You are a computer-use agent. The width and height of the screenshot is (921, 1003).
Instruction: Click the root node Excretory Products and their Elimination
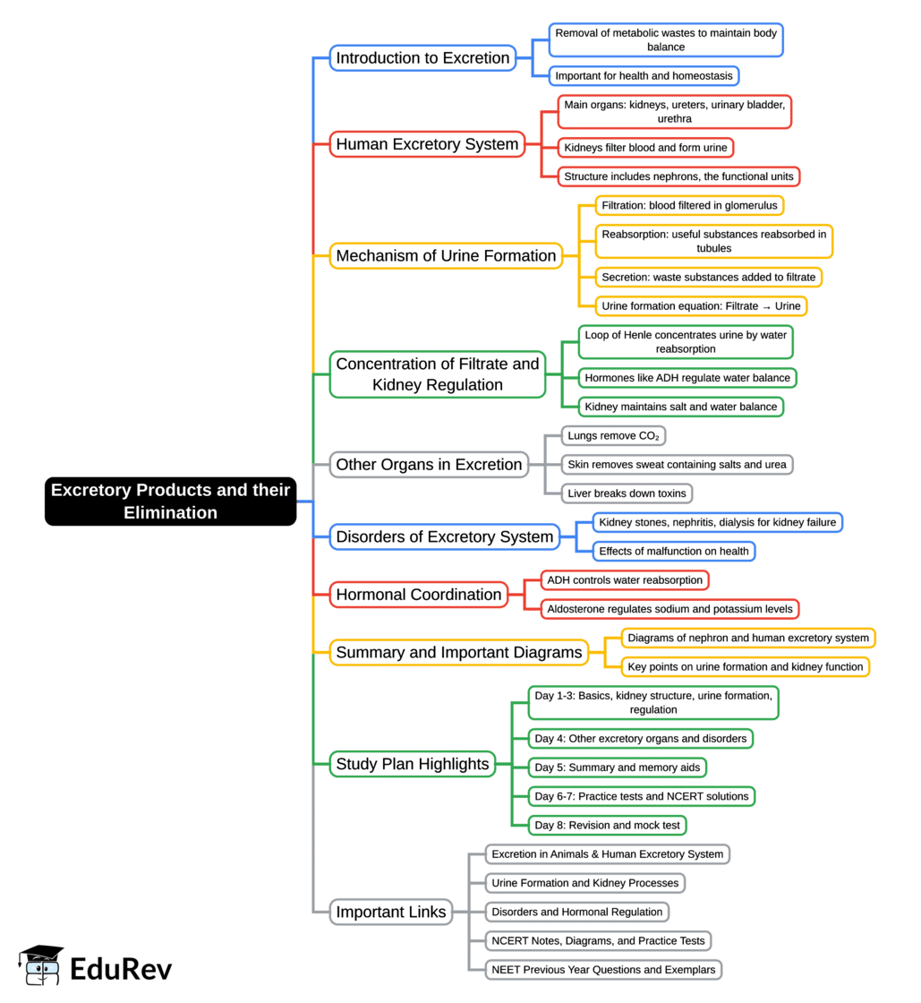click(x=170, y=501)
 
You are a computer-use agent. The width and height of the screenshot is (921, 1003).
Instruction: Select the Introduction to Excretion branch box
click(x=422, y=58)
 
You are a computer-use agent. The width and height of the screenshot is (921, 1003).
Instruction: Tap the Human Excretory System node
click(x=427, y=144)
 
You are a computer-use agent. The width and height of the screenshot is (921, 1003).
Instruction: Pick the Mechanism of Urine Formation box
click(x=446, y=256)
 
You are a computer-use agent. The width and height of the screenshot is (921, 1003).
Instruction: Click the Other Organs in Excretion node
click(x=429, y=465)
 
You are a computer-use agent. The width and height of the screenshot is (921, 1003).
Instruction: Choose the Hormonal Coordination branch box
click(x=418, y=595)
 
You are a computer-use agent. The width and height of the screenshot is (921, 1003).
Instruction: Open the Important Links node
click(x=390, y=912)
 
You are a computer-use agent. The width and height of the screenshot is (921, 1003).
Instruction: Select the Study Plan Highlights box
click(x=412, y=764)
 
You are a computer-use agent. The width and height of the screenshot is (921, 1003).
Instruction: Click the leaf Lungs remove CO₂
click(x=614, y=436)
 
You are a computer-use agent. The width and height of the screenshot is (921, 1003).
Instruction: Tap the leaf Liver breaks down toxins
click(x=627, y=493)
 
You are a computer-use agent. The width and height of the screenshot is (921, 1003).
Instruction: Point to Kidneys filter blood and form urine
click(x=645, y=147)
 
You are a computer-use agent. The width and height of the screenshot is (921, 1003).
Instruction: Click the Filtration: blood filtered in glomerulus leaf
click(x=689, y=205)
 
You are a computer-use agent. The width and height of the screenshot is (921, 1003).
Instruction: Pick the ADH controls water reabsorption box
click(x=625, y=580)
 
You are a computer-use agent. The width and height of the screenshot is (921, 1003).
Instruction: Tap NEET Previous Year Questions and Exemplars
click(x=603, y=969)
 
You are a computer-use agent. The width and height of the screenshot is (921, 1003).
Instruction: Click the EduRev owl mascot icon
click(x=41, y=967)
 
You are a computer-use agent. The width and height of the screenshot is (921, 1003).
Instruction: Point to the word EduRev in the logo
click(x=121, y=969)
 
